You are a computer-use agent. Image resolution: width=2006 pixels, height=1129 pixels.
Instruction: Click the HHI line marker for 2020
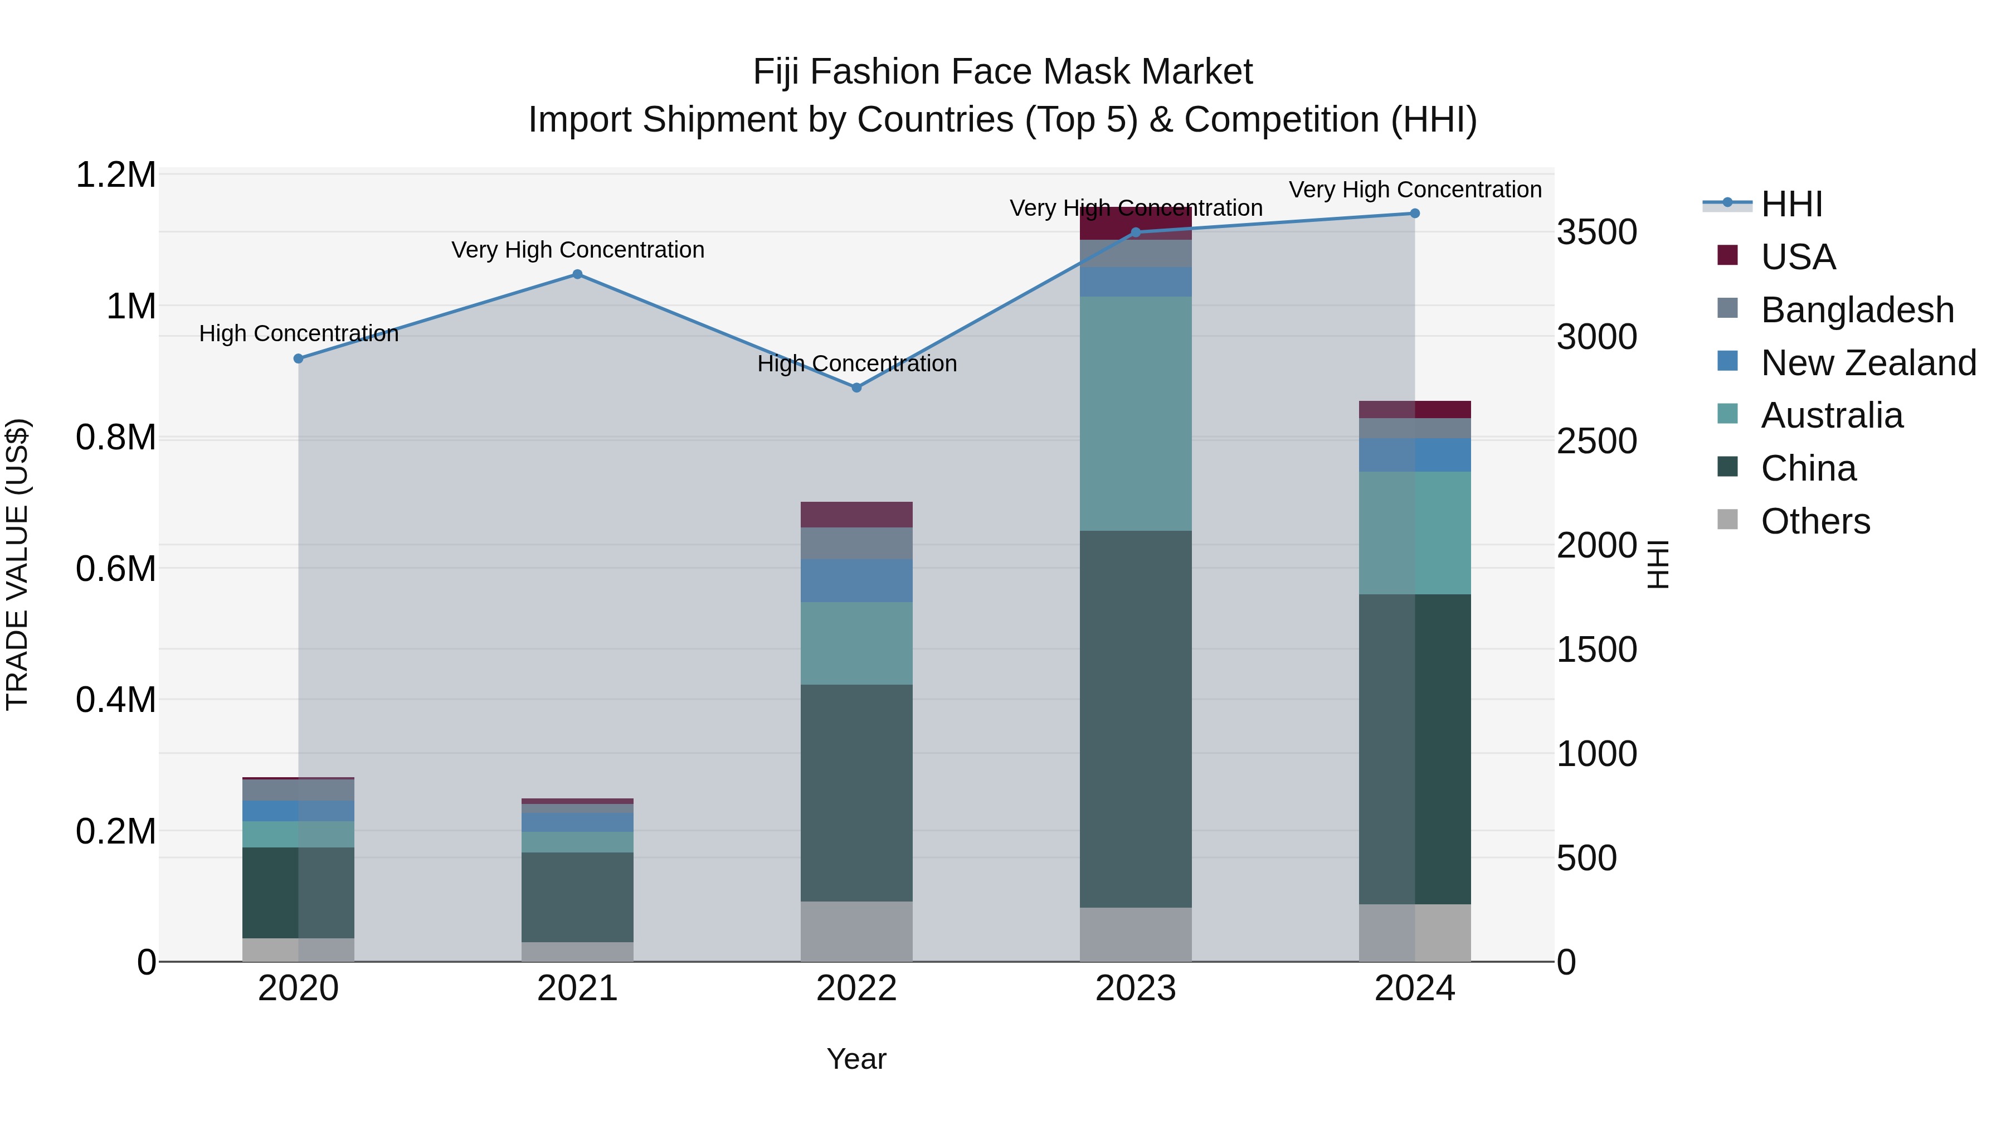[x=298, y=358]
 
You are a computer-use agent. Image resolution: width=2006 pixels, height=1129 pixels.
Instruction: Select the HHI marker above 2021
[x=577, y=274]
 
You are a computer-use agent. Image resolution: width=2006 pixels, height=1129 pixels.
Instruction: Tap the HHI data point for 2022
[x=856, y=387]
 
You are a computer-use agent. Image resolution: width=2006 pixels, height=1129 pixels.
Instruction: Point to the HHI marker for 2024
[x=1415, y=214]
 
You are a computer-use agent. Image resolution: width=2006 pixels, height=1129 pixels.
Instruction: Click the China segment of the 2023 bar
[x=1136, y=719]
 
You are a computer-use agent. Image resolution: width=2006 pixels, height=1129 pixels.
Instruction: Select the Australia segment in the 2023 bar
[x=1136, y=413]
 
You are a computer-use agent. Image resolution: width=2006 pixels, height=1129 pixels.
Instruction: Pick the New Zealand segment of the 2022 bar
[x=856, y=580]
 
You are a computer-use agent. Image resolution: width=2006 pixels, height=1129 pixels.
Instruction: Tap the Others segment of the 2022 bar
[x=856, y=931]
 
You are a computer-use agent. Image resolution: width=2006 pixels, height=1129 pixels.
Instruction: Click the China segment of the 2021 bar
[x=577, y=897]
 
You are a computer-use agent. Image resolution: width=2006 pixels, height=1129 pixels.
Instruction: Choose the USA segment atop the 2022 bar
[x=856, y=514]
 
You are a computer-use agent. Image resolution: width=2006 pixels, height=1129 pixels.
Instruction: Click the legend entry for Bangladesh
[x=1857, y=310]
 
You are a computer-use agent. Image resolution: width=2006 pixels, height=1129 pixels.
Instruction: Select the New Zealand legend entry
[x=1867, y=363]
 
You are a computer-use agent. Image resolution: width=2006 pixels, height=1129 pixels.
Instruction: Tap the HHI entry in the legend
[x=1791, y=204]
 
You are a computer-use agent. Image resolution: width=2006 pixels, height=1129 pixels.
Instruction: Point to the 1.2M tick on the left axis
[x=115, y=175]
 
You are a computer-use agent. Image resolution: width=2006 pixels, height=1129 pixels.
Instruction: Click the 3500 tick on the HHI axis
[x=1597, y=232]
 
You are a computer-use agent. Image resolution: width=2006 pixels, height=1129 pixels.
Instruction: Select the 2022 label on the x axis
[x=856, y=989]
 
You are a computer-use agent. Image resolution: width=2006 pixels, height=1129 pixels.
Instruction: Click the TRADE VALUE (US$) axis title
[x=17, y=564]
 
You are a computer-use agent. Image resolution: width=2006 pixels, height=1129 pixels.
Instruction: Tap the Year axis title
[x=856, y=1059]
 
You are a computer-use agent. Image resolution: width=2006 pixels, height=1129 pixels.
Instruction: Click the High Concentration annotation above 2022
[x=856, y=364]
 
